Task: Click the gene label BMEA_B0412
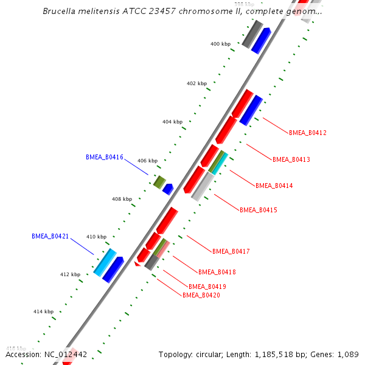(x=308, y=133)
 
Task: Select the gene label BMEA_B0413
(x=291, y=159)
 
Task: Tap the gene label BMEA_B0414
(x=274, y=186)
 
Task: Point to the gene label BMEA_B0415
(x=259, y=210)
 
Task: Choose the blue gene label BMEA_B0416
(x=105, y=158)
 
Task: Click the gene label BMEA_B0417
(x=231, y=251)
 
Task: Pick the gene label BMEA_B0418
(x=217, y=272)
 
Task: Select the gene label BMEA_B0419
(x=207, y=287)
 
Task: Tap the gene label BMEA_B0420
(x=201, y=295)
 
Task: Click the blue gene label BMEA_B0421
(x=50, y=236)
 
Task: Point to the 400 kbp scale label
(x=220, y=44)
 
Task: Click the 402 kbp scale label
(x=196, y=83)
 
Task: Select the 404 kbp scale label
(x=172, y=122)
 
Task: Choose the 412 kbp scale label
(x=70, y=274)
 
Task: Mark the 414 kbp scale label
(x=43, y=311)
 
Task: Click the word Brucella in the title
(x=61, y=12)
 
